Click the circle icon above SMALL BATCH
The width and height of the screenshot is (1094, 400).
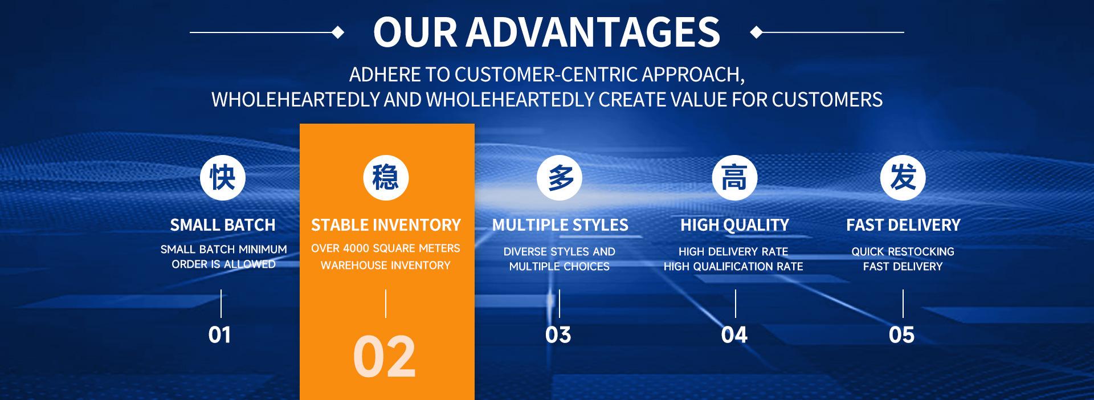(223, 177)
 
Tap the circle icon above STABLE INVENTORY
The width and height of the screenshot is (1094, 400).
(386, 177)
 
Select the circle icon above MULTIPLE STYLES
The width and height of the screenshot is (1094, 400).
(560, 177)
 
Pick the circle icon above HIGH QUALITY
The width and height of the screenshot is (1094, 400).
(734, 177)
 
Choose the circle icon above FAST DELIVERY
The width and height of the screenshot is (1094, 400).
(903, 177)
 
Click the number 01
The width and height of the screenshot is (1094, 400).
(219, 335)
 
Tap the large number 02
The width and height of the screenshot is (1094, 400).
(385, 357)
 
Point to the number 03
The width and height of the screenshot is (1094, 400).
(558, 335)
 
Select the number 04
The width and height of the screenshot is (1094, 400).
(734, 335)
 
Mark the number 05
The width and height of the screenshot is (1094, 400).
(901, 335)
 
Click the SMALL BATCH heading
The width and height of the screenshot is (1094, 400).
(223, 225)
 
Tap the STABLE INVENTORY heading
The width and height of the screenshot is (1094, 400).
(386, 225)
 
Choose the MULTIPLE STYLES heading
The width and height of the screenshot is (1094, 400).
(560, 225)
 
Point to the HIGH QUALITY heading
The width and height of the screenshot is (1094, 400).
(734, 225)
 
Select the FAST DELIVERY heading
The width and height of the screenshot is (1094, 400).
(903, 225)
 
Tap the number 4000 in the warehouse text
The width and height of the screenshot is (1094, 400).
(356, 248)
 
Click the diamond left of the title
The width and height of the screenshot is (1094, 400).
(338, 32)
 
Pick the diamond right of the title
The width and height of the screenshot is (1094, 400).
(757, 32)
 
